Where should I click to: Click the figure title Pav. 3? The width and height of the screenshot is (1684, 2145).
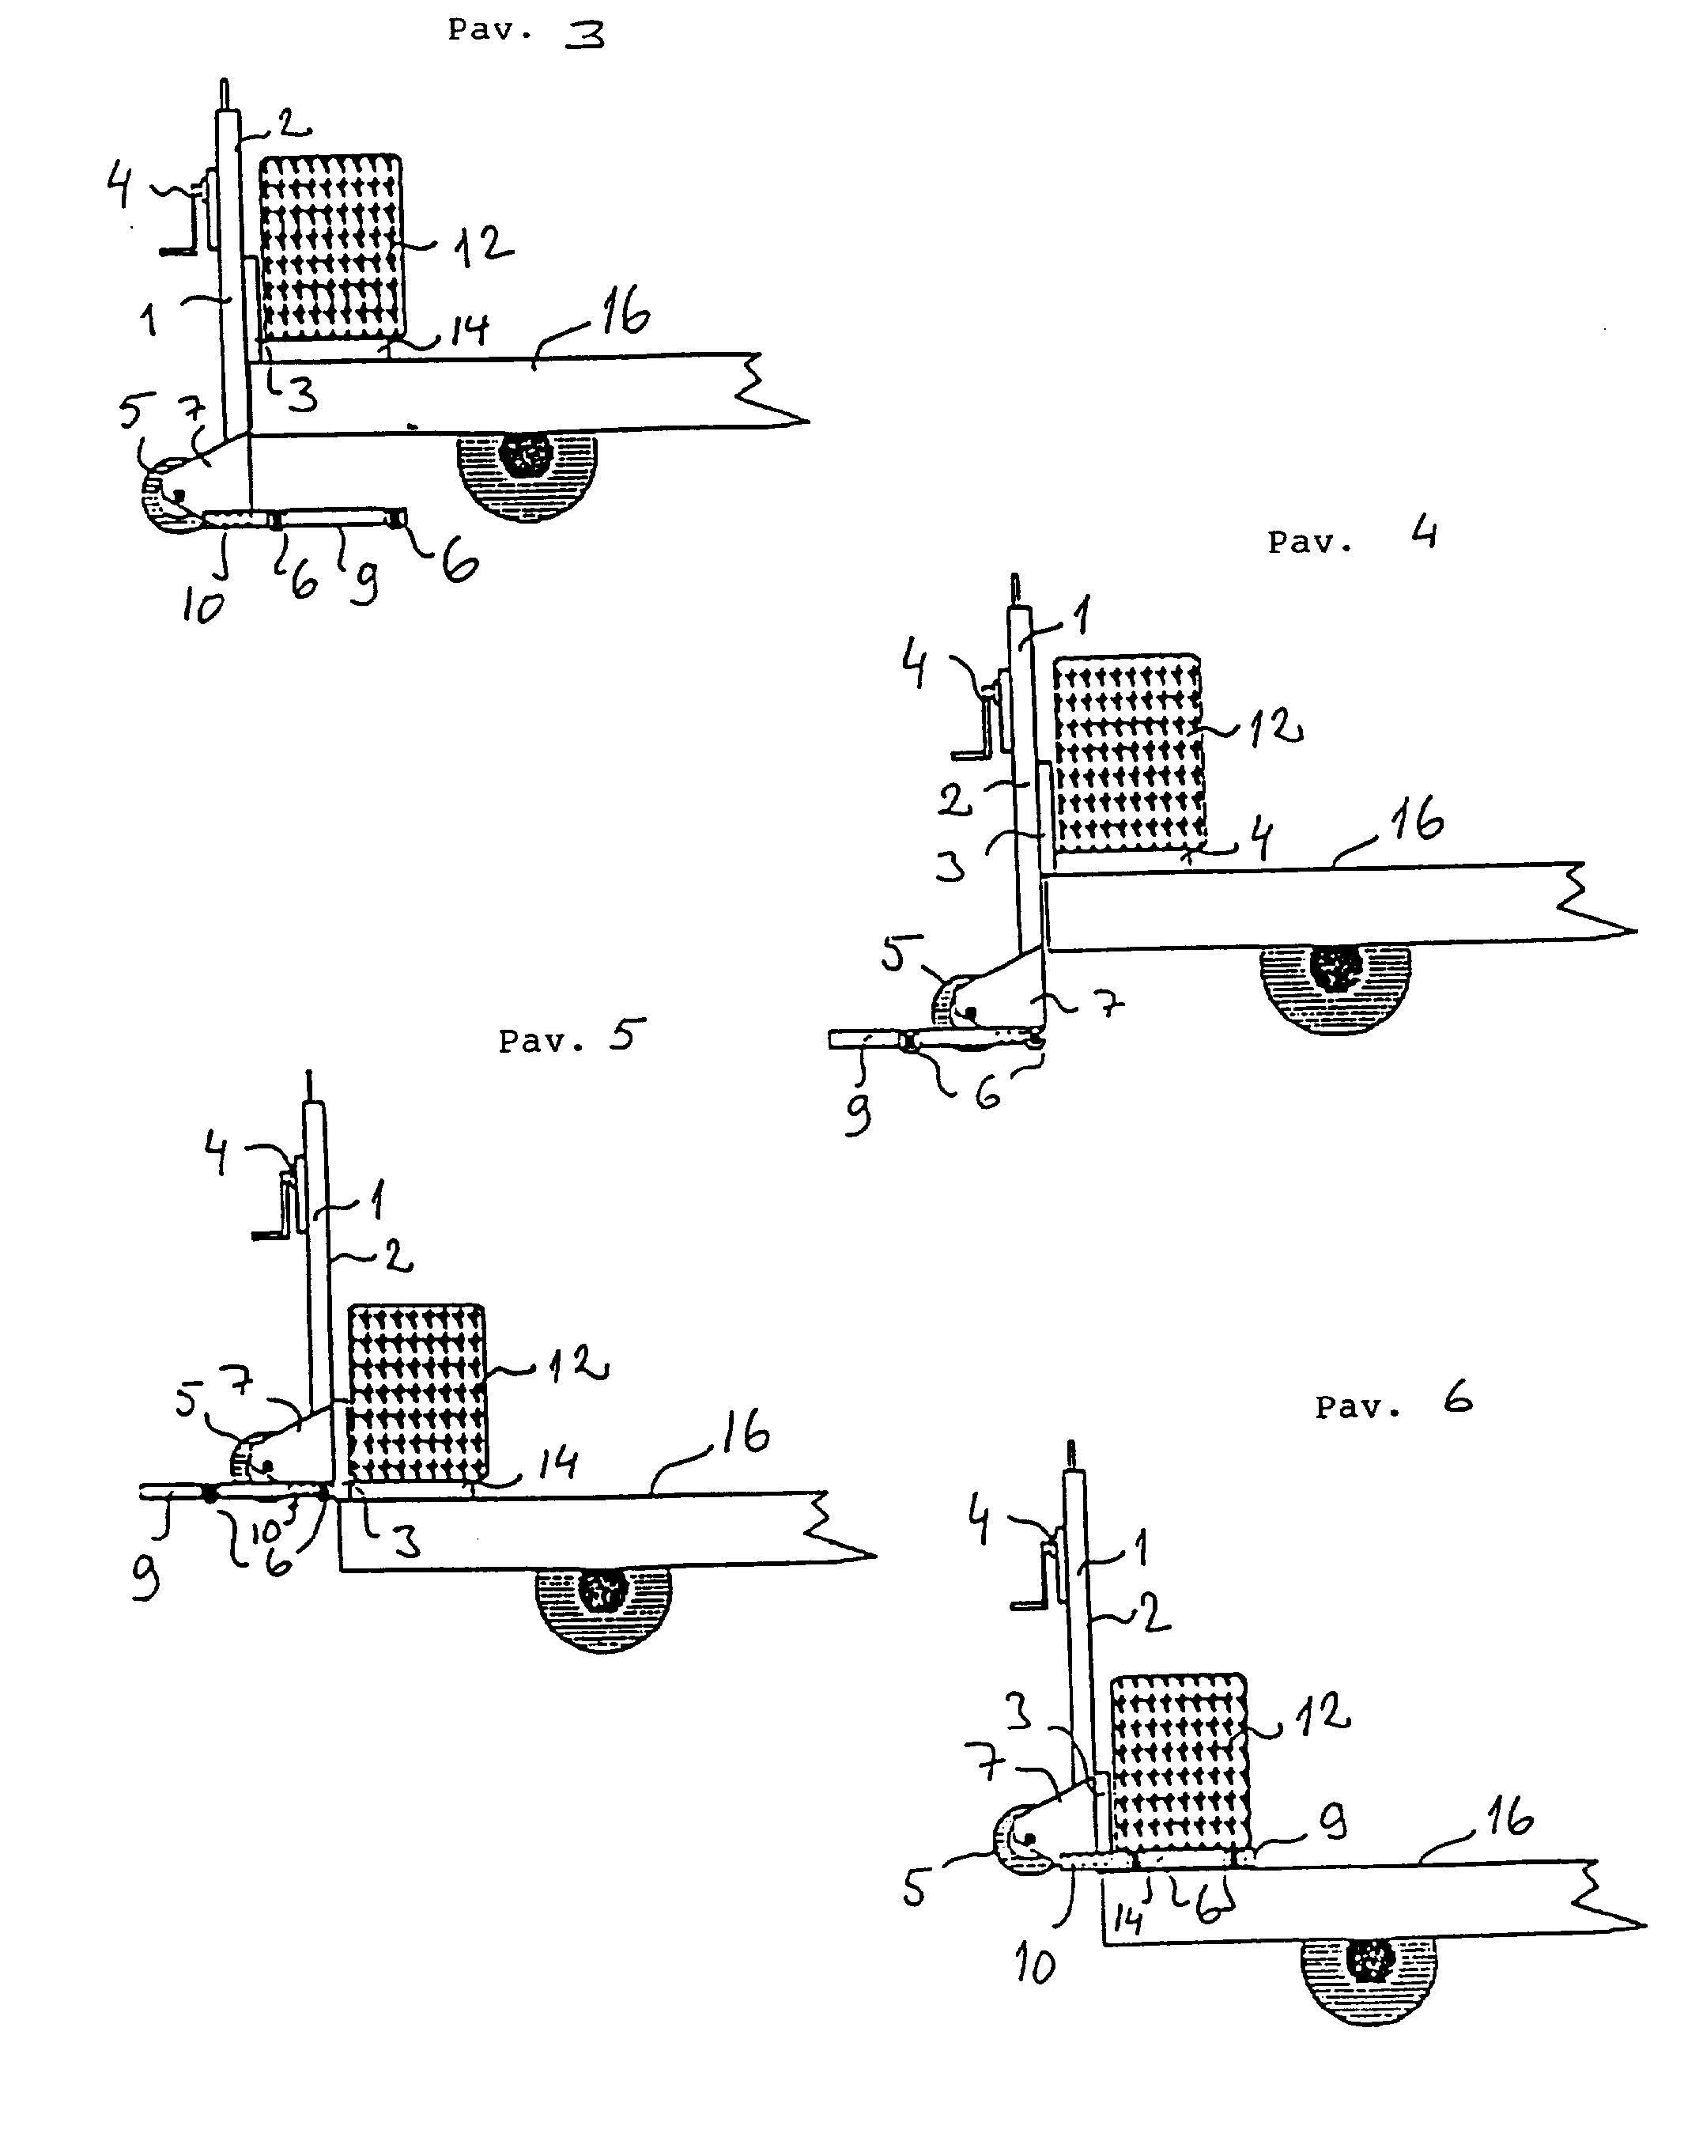click(526, 32)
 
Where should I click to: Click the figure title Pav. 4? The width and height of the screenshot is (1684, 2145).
click(1352, 539)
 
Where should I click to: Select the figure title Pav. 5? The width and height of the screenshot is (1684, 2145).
click(572, 1038)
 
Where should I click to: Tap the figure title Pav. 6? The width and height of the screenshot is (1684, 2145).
click(1393, 1403)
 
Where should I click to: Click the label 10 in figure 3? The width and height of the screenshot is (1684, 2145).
click(203, 607)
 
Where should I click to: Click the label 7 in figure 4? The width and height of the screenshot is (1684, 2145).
click(1111, 1005)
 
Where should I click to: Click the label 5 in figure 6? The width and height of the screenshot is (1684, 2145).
click(915, 1890)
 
